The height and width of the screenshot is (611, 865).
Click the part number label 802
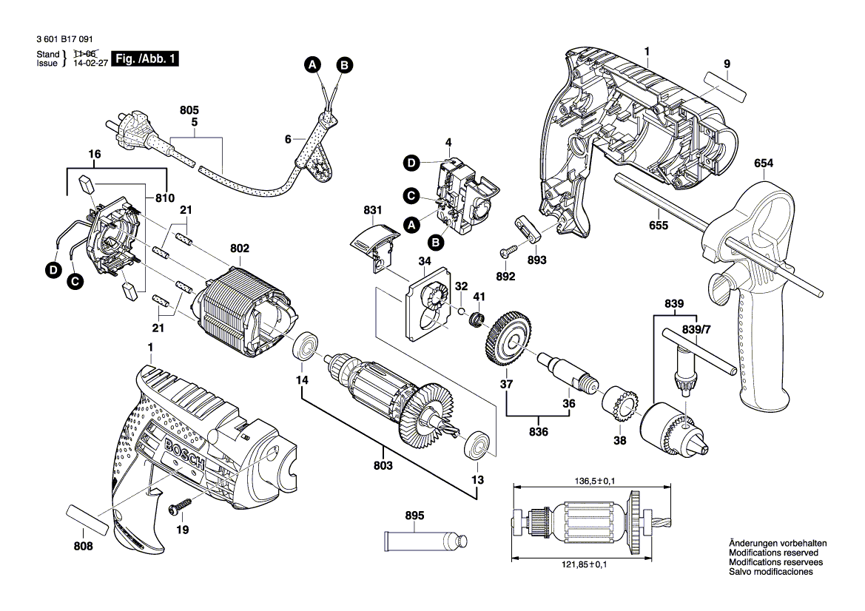tap(240, 249)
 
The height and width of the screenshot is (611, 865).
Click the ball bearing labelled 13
tap(476, 445)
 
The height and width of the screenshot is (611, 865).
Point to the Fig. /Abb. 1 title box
tap(144, 59)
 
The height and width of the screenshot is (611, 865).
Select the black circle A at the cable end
tap(312, 66)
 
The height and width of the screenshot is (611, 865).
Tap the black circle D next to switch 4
tap(411, 162)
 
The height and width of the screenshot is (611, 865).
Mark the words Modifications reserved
tap(773, 553)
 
